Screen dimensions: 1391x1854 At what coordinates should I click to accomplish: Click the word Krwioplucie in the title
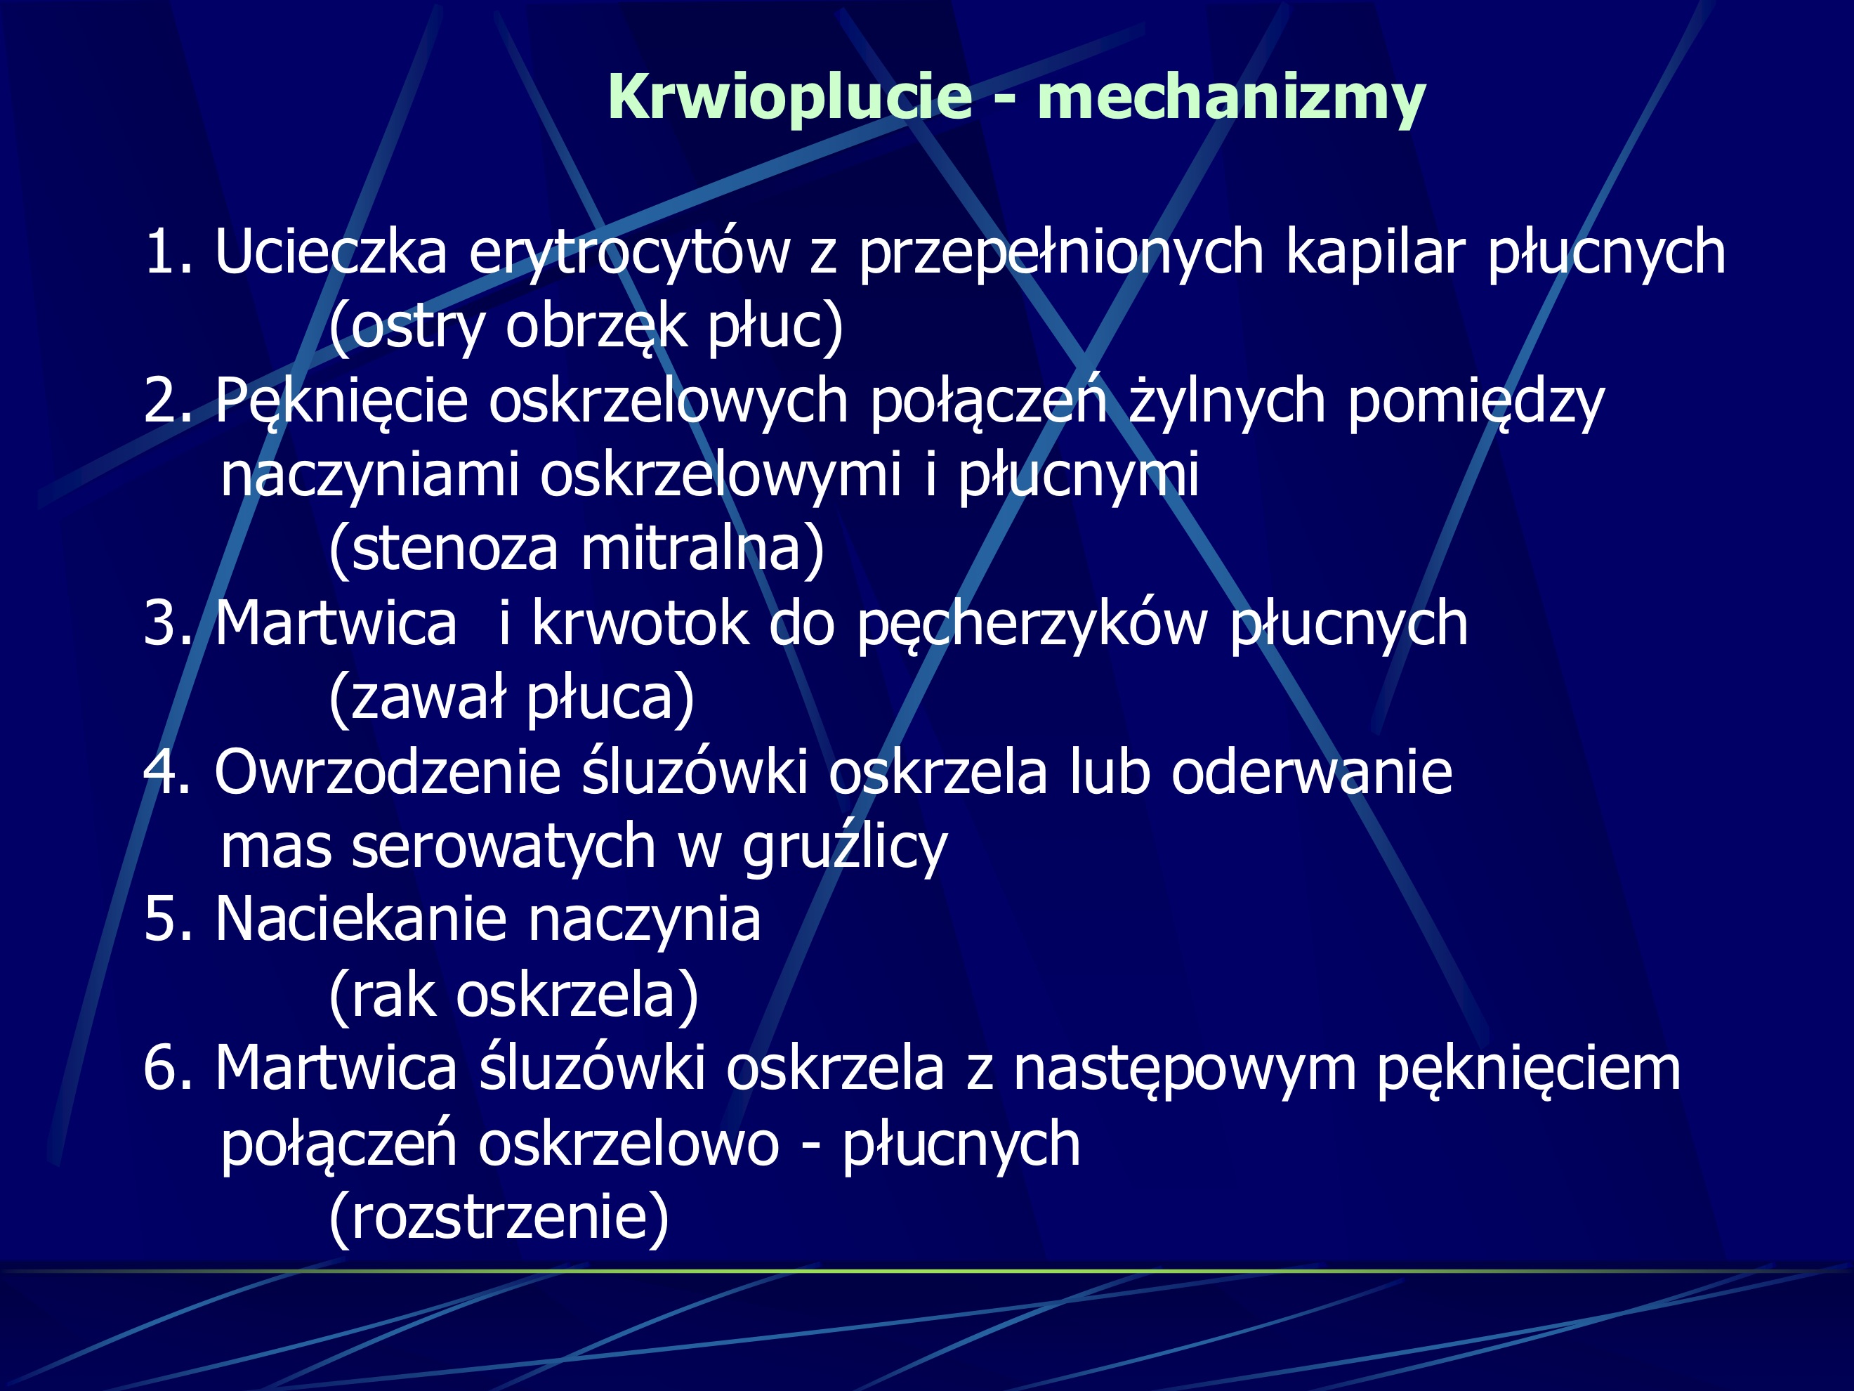pyautogui.click(x=789, y=97)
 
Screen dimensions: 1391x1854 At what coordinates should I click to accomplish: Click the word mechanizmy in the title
pyautogui.click(x=1230, y=97)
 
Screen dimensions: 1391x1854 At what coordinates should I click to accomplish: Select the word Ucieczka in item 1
pyautogui.click(x=331, y=252)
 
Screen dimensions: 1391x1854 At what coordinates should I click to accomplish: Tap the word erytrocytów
pyautogui.click(x=629, y=252)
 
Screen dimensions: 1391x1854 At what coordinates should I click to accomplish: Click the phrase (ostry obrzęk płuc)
pyautogui.click(x=586, y=326)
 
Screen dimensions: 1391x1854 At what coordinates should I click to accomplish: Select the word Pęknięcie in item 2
pyautogui.click(x=341, y=400)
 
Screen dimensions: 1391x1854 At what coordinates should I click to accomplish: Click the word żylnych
pyautogui.click(x=1226, y=400)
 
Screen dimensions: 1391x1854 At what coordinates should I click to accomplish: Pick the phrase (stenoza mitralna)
pyautogui.click(x=577, y=549)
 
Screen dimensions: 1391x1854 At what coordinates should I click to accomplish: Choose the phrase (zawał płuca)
pyautogui.click(x=511, y=698)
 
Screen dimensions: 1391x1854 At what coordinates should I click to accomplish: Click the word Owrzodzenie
pyautogui.click(x=387, y=772)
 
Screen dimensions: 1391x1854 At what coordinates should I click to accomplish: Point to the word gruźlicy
pyautogui.click(x=844, y=847)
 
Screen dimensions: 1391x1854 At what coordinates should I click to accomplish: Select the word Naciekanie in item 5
pyautogui.click(x=360, y=920)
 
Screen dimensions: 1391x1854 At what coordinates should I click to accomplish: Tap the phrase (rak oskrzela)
pyautogui.click(x=513, y=995)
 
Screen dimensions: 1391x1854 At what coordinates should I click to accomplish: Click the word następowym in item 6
pyautogui.click(x=1184, y=1069)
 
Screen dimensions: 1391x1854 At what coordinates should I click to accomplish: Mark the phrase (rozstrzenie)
pyautogui.click(x=499, y=1217)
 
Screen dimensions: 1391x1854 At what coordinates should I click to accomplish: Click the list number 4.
pyautogui.click(x=159, y=772)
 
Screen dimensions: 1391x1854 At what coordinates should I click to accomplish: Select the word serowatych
pyautogui.click(x=503, y=847)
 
